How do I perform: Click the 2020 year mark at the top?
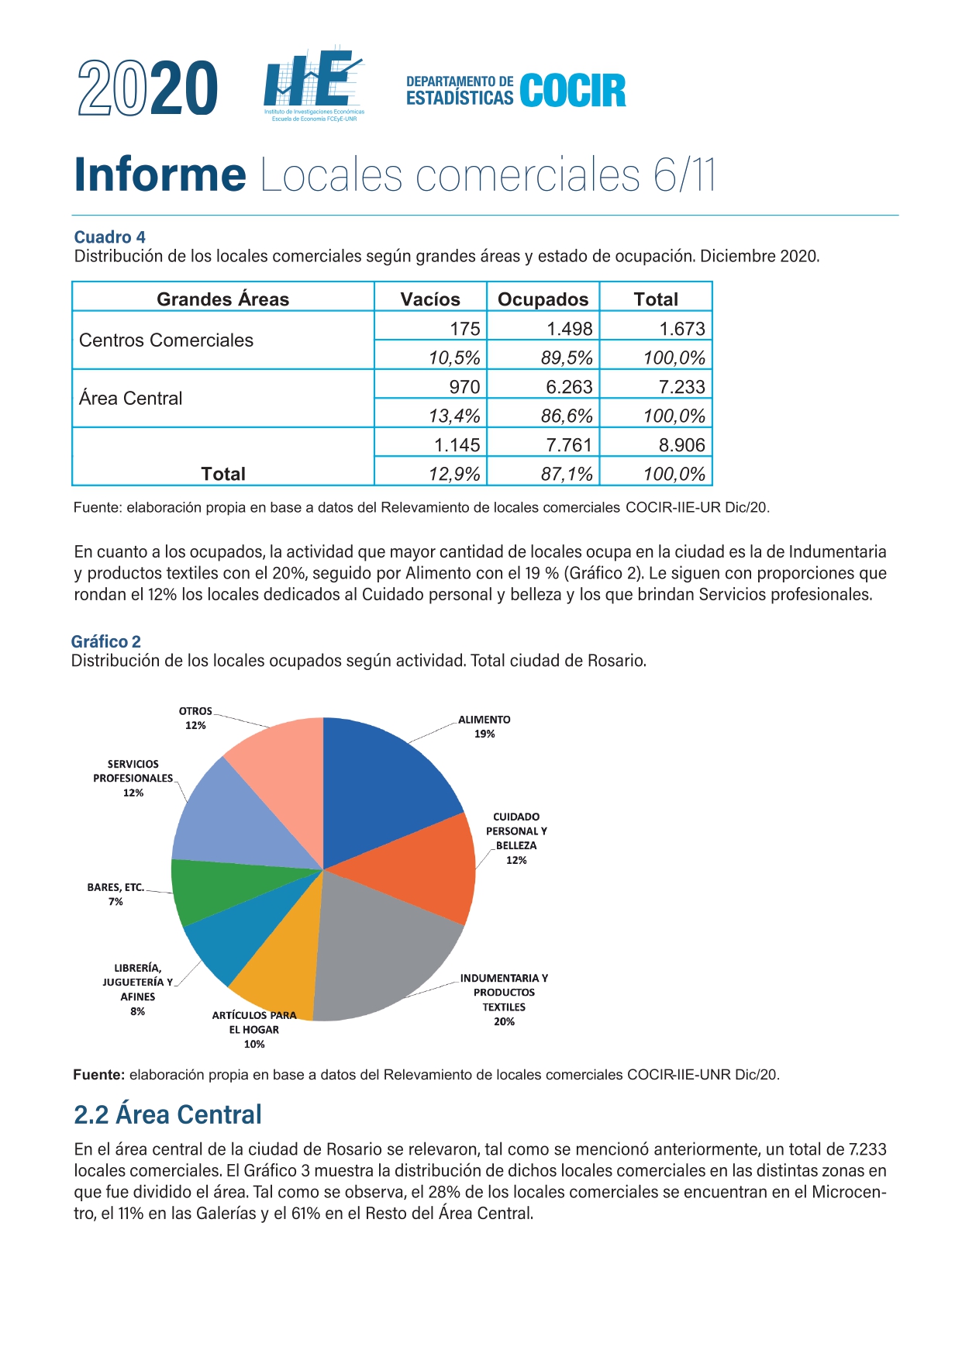[x=147, y=88]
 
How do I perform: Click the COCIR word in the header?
[x=573, y=91]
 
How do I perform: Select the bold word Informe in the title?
[x=160, y=174]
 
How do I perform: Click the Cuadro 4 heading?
[x=109, y=237]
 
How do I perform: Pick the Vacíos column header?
[x=430, y=299]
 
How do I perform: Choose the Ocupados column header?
[x=543, y=299]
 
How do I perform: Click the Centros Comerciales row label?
[x=166, y=340]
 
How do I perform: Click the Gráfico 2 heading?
[x=106, y=641]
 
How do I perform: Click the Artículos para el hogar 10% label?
[x=254, y=1030]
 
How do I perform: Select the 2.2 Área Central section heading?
[x=167, y=1114]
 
